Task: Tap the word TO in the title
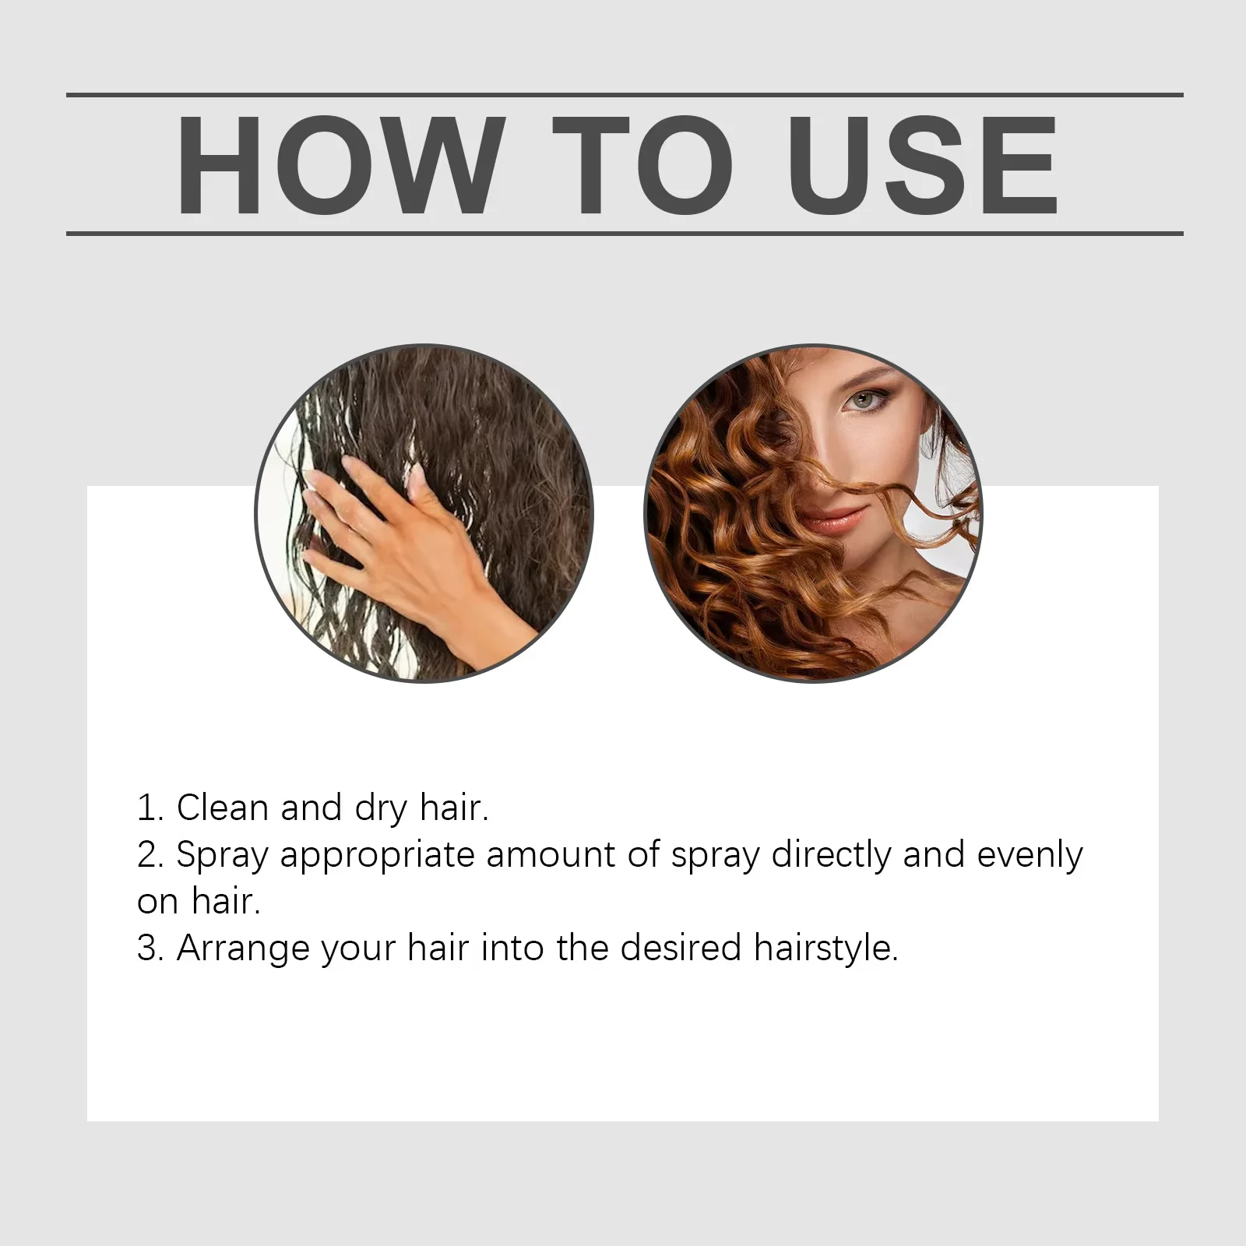click(x=643, y=165)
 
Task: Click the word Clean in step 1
click(x=223, y=808)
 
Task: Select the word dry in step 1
click(x=381, y=809)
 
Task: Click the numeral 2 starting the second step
click(x=147, y=855)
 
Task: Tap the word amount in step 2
click(x=551, y=855)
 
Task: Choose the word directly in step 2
click(x=830, y=855)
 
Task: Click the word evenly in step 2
click(x=1030, y=855)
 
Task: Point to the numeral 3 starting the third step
click(x=147, y=949)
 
